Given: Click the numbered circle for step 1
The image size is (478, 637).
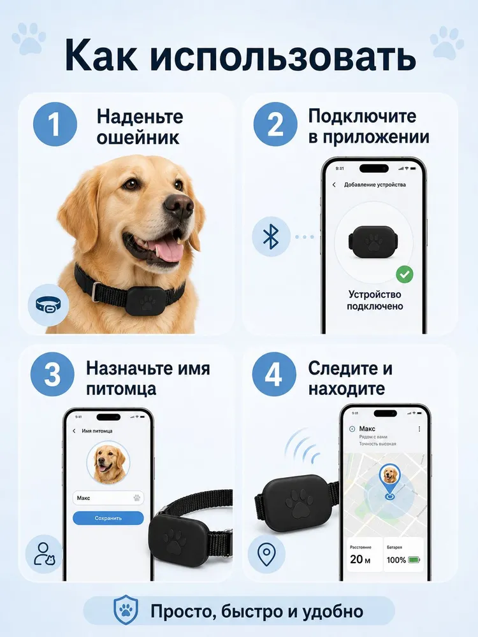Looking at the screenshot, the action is click(55, 124).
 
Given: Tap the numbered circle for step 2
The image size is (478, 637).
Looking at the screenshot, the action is click(275, 124).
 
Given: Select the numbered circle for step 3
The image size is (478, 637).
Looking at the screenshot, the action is click(52, 374).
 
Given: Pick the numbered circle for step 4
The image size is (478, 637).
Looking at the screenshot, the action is click(273, 374).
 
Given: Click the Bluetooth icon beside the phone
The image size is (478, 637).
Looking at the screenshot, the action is click(271, 237).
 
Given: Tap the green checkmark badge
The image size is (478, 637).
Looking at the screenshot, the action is click(405, 275).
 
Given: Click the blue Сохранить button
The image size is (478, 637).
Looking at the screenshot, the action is click(108, 518).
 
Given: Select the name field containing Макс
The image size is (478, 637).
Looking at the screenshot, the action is click(108, 497).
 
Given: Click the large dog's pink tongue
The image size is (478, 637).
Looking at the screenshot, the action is click(169, 250).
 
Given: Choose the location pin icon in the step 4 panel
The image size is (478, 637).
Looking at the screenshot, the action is click(266, 554).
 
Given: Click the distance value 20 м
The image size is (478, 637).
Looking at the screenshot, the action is click(360, 559).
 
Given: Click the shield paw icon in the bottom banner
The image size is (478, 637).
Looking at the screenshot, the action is click(126, 610).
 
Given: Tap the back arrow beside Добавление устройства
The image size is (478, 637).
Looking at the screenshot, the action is click(334, 185).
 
